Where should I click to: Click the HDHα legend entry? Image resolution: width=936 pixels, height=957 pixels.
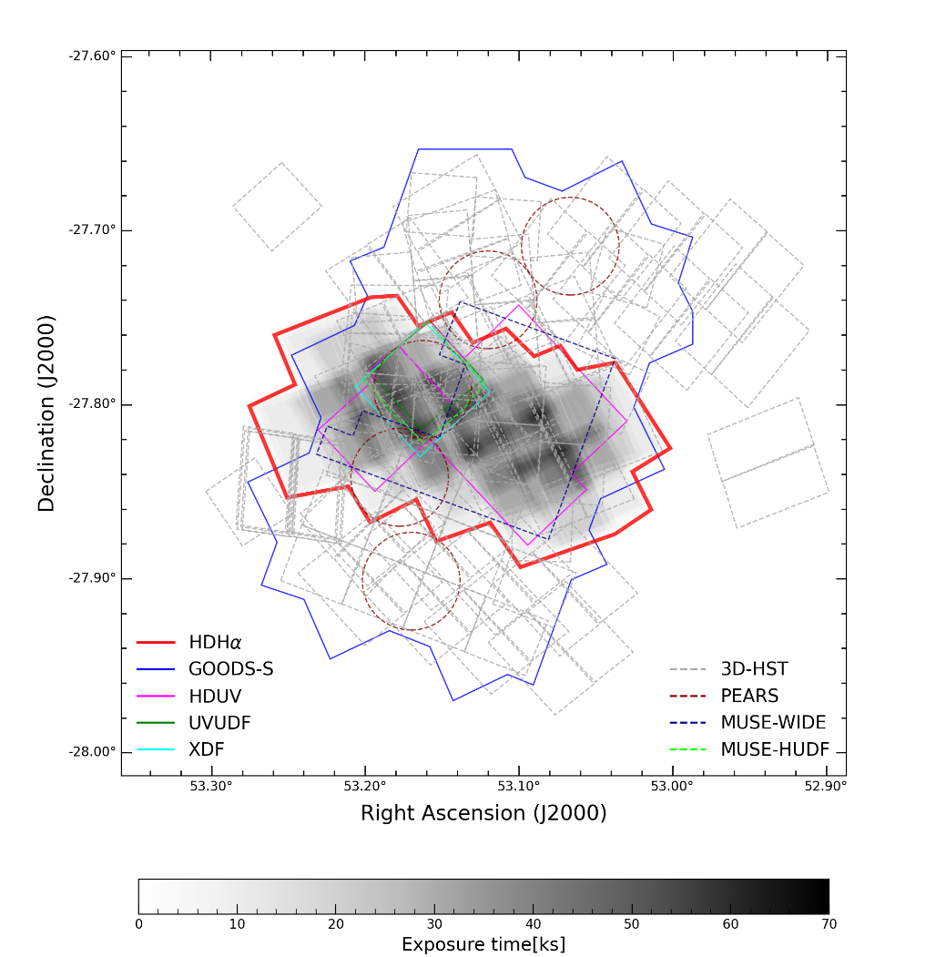coord(209,643)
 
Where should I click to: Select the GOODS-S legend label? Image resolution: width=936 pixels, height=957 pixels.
coord(230,669)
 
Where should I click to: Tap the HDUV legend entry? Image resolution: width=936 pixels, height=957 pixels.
coord(215,696)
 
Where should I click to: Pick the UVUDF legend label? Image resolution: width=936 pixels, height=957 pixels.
coord(219,723)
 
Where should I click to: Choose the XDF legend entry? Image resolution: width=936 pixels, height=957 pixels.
coord(207,749)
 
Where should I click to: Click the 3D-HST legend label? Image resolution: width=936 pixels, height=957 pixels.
coord(754,669)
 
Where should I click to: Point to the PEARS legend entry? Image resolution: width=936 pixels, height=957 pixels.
coord(749,696)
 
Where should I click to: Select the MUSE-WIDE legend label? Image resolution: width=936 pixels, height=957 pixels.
coord(773,723)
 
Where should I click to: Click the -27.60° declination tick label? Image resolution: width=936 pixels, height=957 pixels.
coord(92,56)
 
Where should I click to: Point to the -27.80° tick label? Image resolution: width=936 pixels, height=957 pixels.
coord(92,404)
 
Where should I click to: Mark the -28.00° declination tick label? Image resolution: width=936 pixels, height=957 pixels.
coord(92,752)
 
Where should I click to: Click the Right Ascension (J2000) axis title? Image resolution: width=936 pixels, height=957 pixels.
coord(483,813)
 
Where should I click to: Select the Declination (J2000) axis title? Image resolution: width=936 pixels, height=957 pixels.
coord(46,413)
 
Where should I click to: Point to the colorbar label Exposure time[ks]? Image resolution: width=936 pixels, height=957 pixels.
coord(483,944)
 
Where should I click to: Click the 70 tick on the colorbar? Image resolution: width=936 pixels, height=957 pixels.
coord(828,924)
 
